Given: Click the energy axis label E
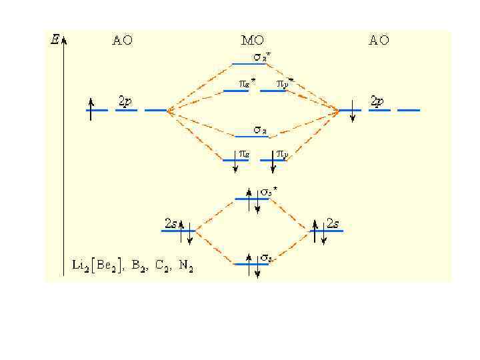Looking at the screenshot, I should (x=54, y=39).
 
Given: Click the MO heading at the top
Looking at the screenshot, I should (x=253, y=40).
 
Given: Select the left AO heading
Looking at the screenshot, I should (x=122, y=40).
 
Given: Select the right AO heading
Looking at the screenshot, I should (x=379, y=40).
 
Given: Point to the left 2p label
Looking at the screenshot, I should (x=125, y=101).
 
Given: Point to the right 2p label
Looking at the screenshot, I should (x=377, y=101).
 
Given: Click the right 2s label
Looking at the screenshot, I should (x=333, y=222).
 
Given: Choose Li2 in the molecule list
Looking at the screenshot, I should (x=80, y=265).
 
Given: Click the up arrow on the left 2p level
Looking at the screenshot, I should (x=91, y=109).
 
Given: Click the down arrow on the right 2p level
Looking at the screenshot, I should (x=353, y=111).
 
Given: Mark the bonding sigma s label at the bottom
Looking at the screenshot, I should (x=265, y=257).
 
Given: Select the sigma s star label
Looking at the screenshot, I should (x=269, y=191).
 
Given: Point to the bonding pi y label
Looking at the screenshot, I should (x=282, y=154).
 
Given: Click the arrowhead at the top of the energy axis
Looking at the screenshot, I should (x=63, y=39).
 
